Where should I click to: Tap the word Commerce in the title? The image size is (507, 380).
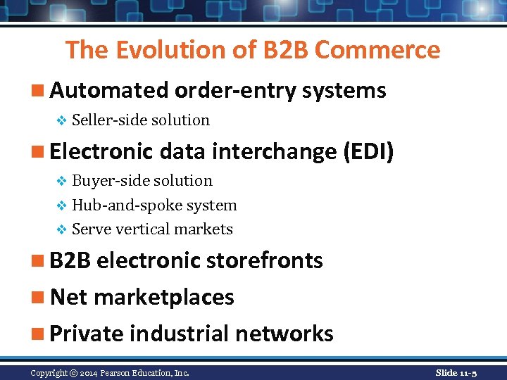[x=377, y=50]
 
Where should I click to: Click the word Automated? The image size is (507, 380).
[x=109, y=90]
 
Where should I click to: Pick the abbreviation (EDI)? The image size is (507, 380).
[x=367, y=151]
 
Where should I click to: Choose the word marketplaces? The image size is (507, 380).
[x=163, y=297]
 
